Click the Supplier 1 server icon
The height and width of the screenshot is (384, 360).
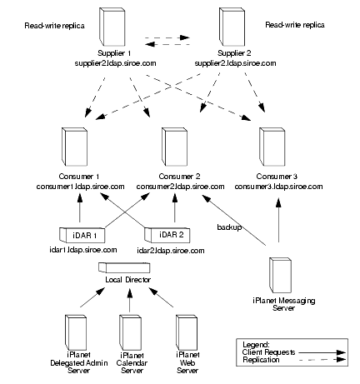point(112,27)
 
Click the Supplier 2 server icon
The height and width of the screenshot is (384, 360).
point(232,27)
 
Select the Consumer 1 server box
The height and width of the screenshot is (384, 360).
point(74,147)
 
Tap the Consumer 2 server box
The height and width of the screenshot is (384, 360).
point(174,147)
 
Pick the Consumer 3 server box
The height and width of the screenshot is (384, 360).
point(272,147)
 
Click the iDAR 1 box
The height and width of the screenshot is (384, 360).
point(82,235)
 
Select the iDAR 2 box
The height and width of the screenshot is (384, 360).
point(167,235)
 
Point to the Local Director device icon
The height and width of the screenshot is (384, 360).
point(124,267)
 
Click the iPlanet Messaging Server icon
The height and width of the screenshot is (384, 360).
point(280,275)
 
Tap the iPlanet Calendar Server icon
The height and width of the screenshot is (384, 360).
point(130,332)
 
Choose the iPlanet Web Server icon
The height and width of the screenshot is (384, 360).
point(187,332)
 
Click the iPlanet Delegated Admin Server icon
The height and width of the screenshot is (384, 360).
point(76,332)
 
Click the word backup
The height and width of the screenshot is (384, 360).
point(229,227)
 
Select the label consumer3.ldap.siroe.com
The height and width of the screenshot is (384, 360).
point(278,187)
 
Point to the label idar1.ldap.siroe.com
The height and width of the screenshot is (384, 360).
point(83,250)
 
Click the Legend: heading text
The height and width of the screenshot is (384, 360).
point(256,345)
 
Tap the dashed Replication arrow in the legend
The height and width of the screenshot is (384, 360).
point(322,360)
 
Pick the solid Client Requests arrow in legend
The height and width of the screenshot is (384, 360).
point(322,352)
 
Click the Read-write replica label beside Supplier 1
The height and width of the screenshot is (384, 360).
point(54,26)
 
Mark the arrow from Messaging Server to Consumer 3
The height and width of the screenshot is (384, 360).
point(278,220)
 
